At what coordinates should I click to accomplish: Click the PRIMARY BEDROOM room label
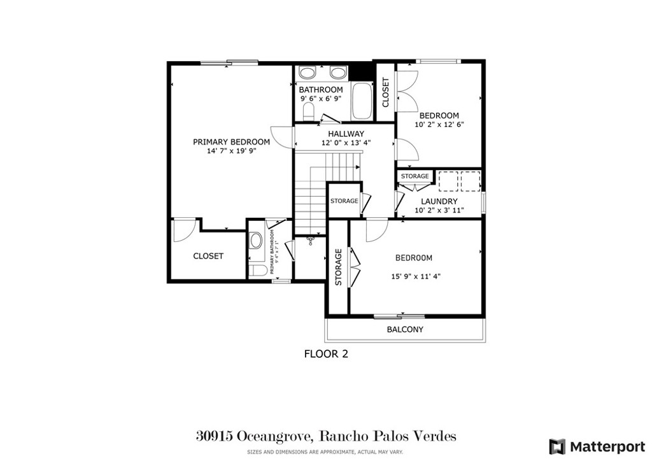[x=231, y=142]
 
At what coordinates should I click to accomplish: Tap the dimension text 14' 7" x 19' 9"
[x=230, y=152]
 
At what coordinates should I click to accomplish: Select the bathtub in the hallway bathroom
[x=362, y=101]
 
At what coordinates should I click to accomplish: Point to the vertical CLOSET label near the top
[x=386, y=92]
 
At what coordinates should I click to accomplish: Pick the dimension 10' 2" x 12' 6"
[x=439, y=125]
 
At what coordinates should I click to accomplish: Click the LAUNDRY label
[x=439, y=201]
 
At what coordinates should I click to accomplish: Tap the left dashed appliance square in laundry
[x=448, y=181]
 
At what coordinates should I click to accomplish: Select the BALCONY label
[x=405, y=329]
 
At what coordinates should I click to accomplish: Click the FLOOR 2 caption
[x=326, y=353]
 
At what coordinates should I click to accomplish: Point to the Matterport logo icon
[x=557, y=446]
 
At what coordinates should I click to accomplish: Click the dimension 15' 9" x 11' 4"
[x=416, y=276]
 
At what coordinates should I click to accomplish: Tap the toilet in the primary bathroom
[x=258, y=271]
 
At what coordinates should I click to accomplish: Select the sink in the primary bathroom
[x=256, y=241]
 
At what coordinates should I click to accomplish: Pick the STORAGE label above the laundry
[x=415, y=176]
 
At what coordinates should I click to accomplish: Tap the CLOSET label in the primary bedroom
[x=208, y=256]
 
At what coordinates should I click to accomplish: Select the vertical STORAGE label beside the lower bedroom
[x=338, y=267]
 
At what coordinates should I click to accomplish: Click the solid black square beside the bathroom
[x=363, y=69]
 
